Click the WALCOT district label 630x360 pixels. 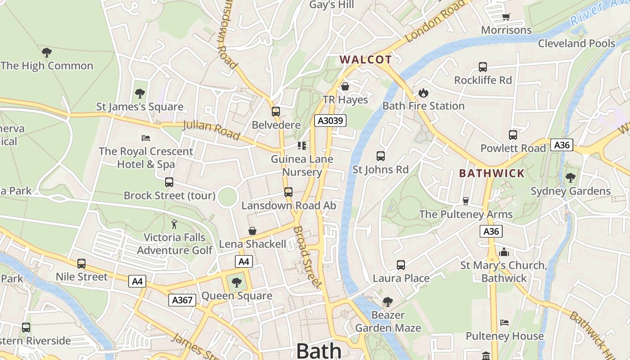click(365, 59)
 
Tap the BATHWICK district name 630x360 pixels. click(491, 173)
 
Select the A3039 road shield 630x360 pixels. click(330, 121)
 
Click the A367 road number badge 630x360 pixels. click(182, 300)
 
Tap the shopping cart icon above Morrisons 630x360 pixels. click(506, 17)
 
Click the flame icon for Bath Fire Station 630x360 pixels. click(423, 93)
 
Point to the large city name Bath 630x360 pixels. click(319, 351)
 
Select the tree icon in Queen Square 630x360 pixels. click(236, 283)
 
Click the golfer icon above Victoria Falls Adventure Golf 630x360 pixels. click(174, 224)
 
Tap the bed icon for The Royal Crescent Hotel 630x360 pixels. click(145, 138)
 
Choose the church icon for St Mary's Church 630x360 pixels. click(504, 252)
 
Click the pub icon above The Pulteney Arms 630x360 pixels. click(466, 201)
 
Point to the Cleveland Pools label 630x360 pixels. click(576, 43)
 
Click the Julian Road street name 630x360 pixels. click(211, 130)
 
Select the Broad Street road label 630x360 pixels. click(307, 257)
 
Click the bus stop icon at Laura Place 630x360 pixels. click(400, 265)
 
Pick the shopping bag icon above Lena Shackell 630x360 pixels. click(252, 231)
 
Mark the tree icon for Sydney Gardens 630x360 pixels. click(571, 177)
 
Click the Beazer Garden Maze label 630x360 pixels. click(388, 321)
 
